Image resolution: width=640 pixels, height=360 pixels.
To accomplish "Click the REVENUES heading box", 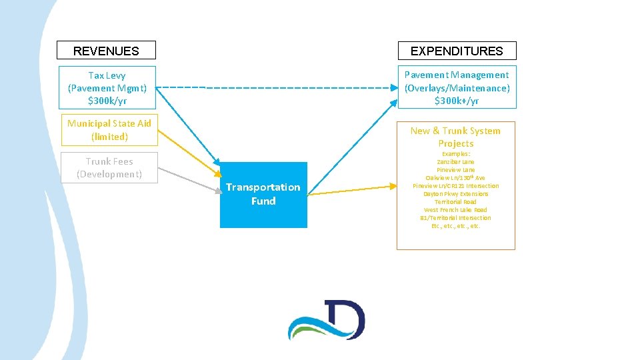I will tap(106, 51).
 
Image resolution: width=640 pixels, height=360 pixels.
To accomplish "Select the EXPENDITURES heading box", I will tap(457, 51).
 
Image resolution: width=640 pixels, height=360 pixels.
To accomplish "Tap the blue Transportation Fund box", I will tap(263, 194).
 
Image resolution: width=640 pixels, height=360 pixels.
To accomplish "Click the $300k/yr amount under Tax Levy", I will tap(107, 101).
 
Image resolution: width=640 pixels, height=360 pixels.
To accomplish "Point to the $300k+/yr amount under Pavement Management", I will tap(457, 101).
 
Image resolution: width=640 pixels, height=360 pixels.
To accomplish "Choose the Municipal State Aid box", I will tap(109, 130).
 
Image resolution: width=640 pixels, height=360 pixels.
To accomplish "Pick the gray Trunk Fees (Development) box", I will tap(109, 167).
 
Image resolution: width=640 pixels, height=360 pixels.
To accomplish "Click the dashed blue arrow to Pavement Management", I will tap(280, 87).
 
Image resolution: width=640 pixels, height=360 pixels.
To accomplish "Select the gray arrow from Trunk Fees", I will tap(190, 180).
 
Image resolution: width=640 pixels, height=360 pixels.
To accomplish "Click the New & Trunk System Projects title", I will tap(455, 137).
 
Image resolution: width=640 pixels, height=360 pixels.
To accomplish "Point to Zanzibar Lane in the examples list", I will tap(455, 162).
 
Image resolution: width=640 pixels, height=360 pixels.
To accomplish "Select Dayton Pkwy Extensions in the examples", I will tap(455, 194).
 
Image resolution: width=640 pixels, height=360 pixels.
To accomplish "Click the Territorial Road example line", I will tap(455, 202).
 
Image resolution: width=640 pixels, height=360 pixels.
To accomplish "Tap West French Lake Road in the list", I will tap(455, 210).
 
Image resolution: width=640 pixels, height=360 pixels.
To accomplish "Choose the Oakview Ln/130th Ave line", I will tap(455, 178).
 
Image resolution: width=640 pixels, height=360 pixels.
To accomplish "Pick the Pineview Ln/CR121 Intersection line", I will tap(455, 186).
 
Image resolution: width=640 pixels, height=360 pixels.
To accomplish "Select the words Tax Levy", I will tap(107, 75).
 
